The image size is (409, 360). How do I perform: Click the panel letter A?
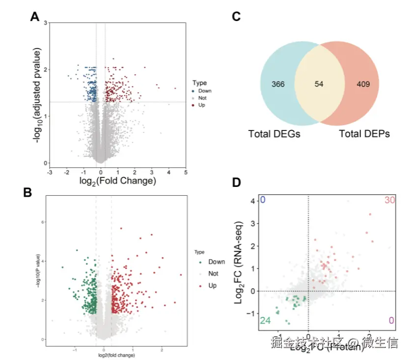35,17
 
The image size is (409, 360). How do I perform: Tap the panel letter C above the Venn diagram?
236,17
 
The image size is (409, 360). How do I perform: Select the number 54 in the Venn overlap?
319,84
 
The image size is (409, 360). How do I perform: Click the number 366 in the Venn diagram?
278,84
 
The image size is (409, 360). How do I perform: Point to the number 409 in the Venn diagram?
363,84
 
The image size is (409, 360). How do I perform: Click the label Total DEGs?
274,133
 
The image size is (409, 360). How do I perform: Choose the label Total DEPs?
364,133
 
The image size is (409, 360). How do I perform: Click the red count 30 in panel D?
389,200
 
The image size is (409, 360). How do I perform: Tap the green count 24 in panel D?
266,321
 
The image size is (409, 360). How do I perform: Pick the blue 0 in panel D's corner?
263,200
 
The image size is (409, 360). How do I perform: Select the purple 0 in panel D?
391,321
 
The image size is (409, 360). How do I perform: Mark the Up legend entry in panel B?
212,285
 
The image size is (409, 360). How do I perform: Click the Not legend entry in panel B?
213,274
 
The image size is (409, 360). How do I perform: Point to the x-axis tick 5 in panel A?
186,172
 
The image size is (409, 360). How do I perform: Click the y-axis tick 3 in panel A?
45,23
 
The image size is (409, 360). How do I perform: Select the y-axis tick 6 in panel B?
43,222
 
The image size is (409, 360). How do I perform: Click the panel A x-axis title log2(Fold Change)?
117,181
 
